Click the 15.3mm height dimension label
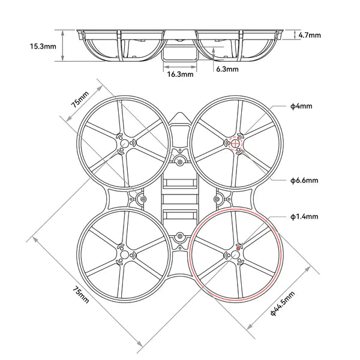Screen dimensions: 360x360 [44, 46]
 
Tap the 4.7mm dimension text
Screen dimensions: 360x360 [310, 35]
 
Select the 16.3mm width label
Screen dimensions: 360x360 [180, 75]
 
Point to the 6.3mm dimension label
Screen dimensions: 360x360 [227, 69]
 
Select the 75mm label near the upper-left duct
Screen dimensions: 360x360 [79, 99]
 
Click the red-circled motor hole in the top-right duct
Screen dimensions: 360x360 [236, 142]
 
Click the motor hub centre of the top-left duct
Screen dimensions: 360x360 [124, 143]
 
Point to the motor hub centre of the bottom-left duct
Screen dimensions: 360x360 [124, 256]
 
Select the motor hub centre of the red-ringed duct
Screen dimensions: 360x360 [235, 256]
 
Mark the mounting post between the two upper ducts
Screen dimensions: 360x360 [180, 160]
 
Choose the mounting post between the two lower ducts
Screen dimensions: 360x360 [180, 239]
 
